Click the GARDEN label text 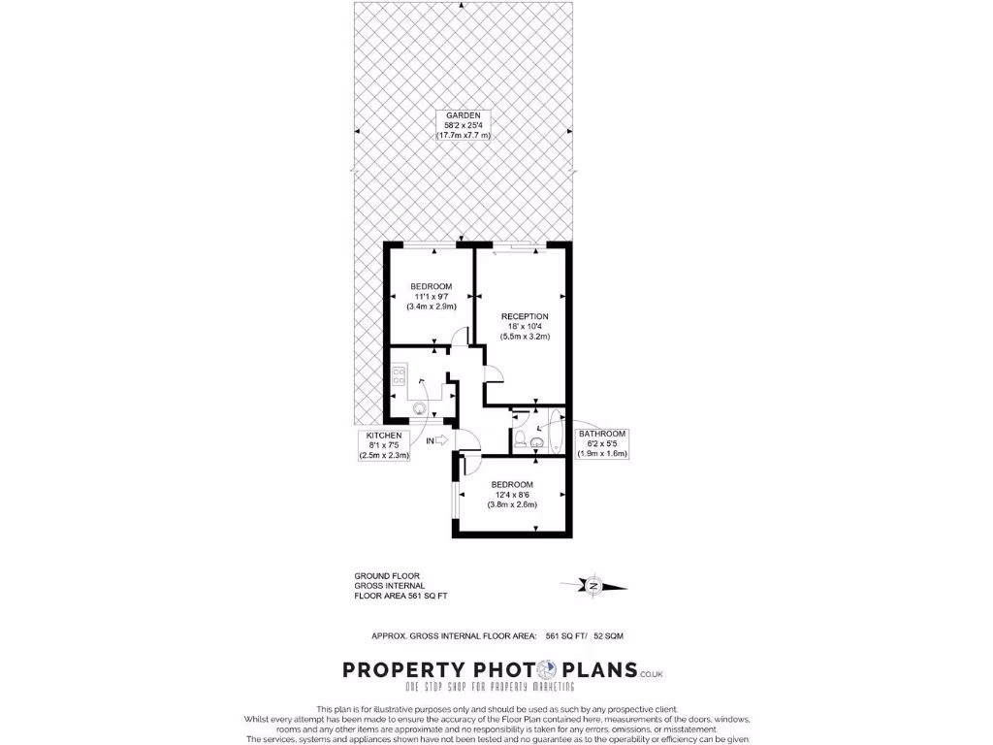tap(463, 115)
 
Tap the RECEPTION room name tap(525, 316)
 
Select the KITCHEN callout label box tap(384, 444)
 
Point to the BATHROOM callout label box tap(602, 443)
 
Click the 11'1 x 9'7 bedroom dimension tap(431, 296)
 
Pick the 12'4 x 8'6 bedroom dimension tap(512, 494)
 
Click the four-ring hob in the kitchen tap(399, 374)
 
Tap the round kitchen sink tap(420, 408)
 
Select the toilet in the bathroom tap(521, 441)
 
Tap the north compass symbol tap(593, 584)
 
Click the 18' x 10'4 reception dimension tap(525, 327)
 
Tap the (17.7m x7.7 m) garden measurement tap(463, 136)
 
